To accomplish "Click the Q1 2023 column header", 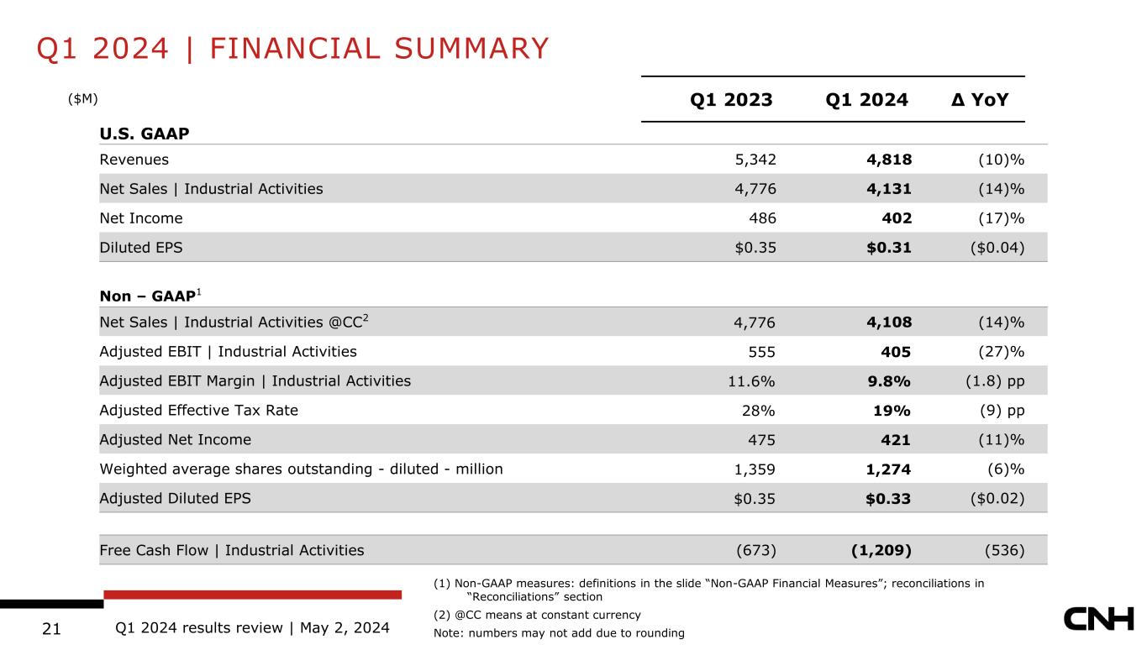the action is [x=731, y=99].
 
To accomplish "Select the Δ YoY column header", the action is [x=980, y=99].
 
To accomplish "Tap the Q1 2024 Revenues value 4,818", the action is [x=889, y=160].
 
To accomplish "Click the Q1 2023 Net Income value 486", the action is [x=762, y=218].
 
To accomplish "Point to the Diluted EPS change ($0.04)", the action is [x=997, y=248].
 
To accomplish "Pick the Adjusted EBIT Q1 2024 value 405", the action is [x=896, y=352].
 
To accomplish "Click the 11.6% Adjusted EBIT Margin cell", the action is [x=751, y=381].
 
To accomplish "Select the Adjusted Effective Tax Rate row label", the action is [x=198, y=411].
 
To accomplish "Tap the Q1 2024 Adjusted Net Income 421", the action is [x=896, y=440].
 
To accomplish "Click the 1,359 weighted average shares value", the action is [x=755, y=469].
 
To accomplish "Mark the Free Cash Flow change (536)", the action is [x=1005, y=550].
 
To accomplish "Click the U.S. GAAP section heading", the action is [x=145, y=134].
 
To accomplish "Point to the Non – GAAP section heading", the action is [x=150, y=296].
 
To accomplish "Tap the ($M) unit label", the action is [x=83, y=98].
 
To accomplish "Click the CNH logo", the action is [x=1099, y=620].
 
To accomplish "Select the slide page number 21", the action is [x=51, y=628].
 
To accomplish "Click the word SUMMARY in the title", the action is [x=471, y=49].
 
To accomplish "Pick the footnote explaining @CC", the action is [x=537, y=615].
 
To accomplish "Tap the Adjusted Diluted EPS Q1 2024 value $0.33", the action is [x=888, y=499].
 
